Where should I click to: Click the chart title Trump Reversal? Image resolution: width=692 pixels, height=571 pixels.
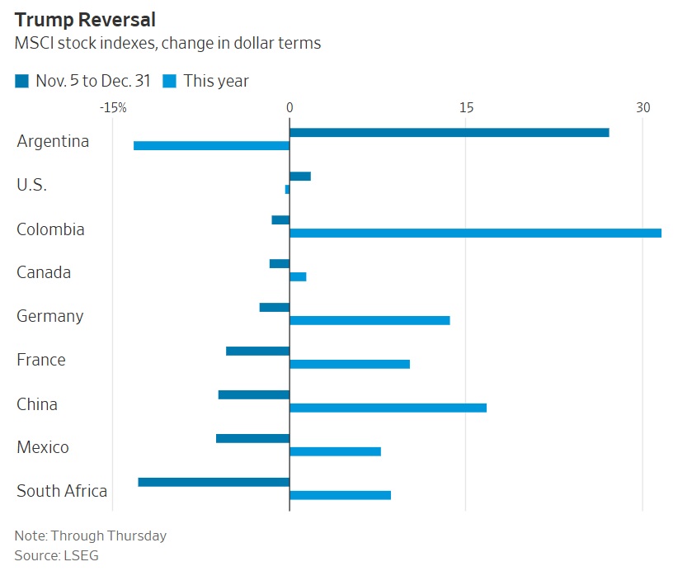[x=85, y=19]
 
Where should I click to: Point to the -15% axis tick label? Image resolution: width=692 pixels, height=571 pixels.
[x=112, y=108]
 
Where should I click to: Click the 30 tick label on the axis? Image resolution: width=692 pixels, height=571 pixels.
[x=643, y=108]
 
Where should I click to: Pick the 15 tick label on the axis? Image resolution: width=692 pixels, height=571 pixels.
[x=466, y=108]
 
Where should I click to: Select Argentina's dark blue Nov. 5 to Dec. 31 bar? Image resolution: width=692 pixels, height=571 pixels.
[x=449, y=133]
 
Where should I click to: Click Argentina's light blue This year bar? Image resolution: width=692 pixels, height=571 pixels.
[x=211, y=145]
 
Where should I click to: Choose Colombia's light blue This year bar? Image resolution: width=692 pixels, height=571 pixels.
[x=475, y=233]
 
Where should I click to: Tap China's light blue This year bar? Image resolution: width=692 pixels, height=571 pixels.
[x=388, y=408]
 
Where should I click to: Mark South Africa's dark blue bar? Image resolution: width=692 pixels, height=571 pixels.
[x=214, y=482]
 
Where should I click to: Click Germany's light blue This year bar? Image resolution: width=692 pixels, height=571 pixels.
[x=370, y=320]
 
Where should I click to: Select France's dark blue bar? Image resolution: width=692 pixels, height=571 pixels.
[x=257, y=351]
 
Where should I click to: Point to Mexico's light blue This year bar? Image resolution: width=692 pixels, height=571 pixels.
[x=335, y=451]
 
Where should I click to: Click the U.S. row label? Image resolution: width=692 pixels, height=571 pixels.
[x=31, y=185]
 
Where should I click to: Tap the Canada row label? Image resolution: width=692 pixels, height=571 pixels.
[x=44, y=272]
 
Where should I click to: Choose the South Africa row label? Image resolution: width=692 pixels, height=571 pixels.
[x=62, y=491]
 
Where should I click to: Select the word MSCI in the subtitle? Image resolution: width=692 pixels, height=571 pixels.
[x=34, y=44]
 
